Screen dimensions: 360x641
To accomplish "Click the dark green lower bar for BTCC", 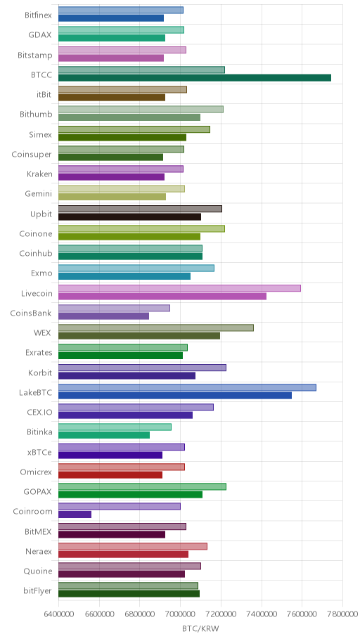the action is coord(195,78).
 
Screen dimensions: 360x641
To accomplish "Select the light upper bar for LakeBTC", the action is coord(187,387).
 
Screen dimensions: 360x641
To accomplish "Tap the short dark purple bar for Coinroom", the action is coord(75,514).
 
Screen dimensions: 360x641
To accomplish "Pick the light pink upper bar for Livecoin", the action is coord(179,288).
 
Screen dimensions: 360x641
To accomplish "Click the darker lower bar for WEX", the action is coord(139,336).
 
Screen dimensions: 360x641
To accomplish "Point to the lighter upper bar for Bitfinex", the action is coord(121,11).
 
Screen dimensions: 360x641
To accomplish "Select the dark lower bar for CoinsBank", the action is coord(103,316).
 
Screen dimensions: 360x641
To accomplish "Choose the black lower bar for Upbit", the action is coord(129,216).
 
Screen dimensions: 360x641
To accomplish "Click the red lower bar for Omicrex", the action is coord(110,474).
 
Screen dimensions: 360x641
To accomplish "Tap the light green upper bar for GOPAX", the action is coord(142,486).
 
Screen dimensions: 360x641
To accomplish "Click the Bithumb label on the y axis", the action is coord(36,114).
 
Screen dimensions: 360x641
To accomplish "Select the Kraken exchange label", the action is coord(39,174).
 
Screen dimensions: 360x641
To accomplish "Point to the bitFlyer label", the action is coord(38,590).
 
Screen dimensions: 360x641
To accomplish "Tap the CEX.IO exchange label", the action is coord(39,412).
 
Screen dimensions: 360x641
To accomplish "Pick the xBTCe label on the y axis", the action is coord(39,452).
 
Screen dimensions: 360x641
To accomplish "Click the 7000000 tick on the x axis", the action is coord(180,614).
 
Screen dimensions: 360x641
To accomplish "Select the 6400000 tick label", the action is coord(58,614).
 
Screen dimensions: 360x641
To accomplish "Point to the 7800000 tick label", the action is coord(342,614).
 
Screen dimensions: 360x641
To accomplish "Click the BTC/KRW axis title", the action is coord(200,629).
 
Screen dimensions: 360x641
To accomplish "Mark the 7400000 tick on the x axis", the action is coord(262,614).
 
